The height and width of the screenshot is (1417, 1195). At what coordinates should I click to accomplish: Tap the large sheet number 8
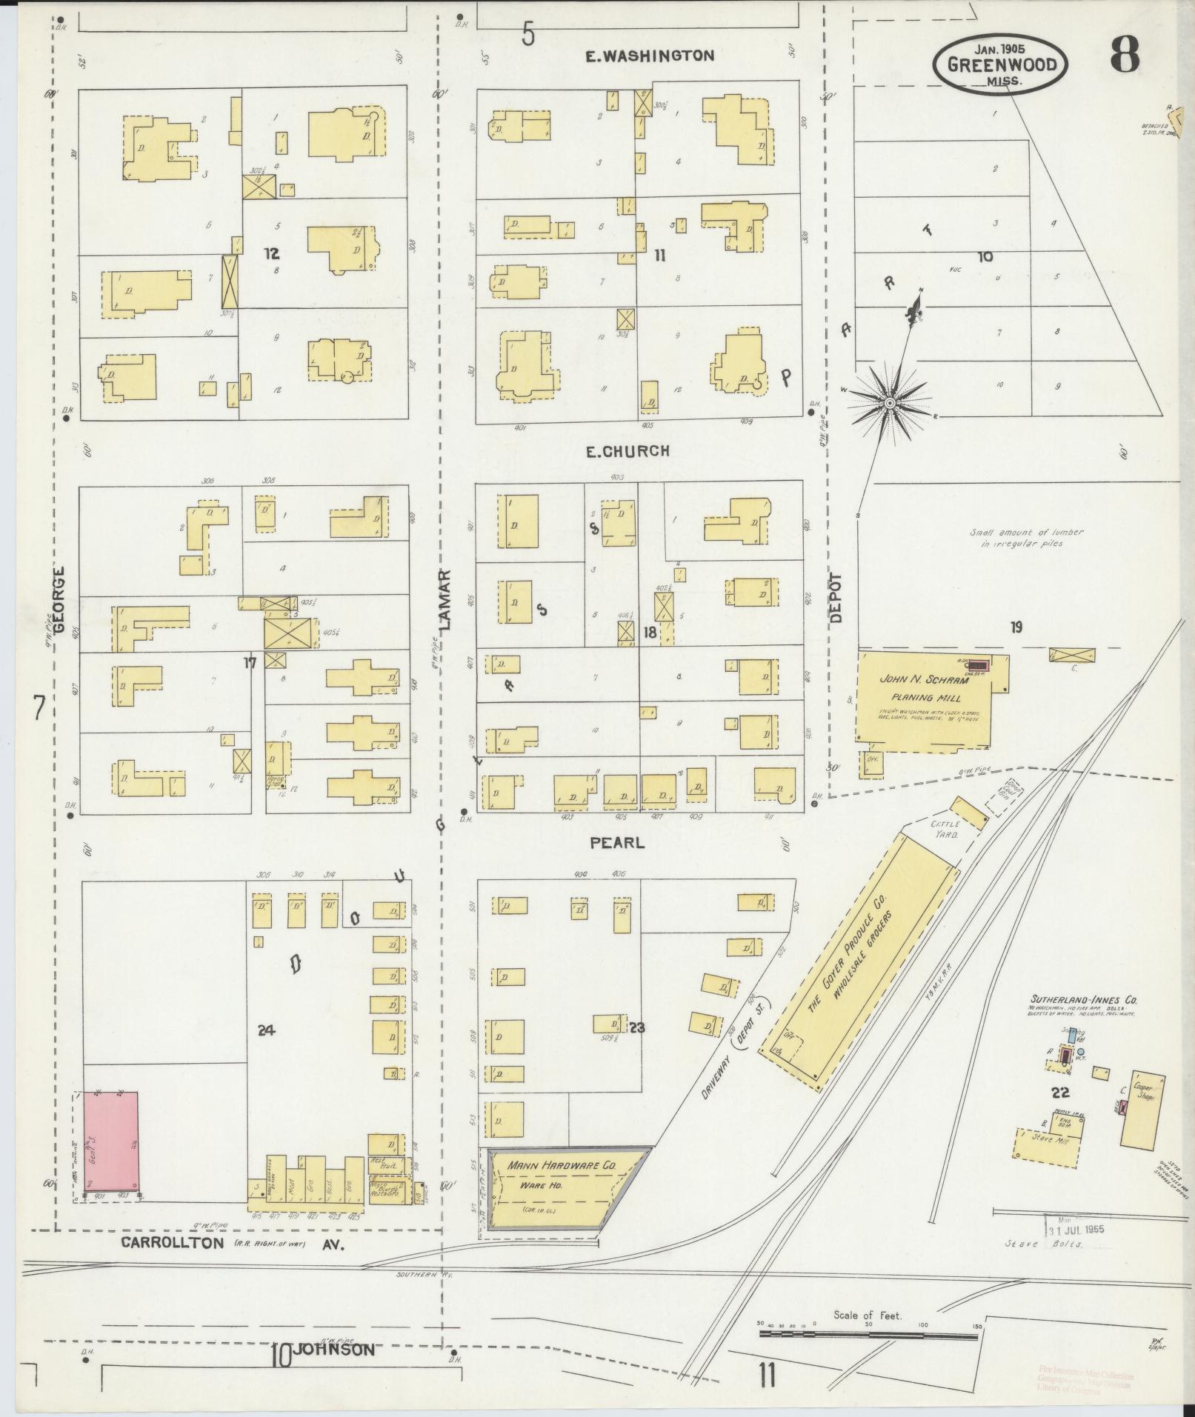(x=1124, y=56)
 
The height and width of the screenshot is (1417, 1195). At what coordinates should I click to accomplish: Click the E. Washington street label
(x=649, y=56)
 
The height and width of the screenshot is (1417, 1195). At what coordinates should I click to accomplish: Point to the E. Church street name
(x=628, y=450)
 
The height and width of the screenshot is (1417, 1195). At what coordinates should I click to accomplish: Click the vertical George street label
(x=59, y=601)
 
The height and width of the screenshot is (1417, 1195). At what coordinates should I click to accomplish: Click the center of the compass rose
(x=889, y=402)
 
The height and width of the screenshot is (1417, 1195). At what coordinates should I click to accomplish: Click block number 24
(x=267, y=1029)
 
